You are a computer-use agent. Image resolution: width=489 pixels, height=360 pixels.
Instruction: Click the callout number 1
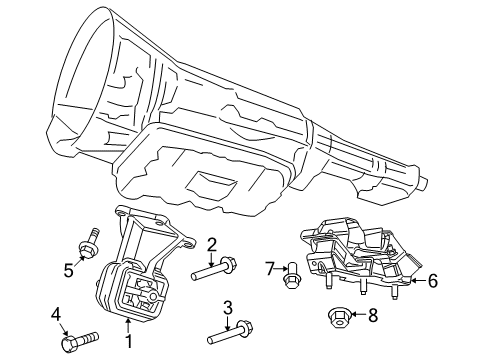128,343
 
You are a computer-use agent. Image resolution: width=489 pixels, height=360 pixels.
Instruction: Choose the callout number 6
433,283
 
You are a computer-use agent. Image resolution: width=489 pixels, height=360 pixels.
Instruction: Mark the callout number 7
269,267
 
